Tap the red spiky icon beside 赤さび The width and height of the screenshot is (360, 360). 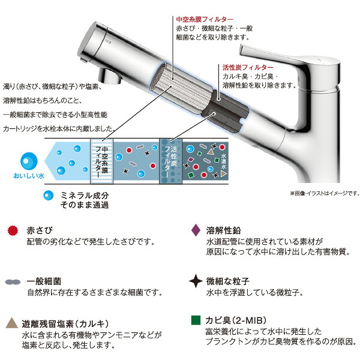tap(13, 230)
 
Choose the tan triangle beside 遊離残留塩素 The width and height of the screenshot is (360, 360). tap(13, 323)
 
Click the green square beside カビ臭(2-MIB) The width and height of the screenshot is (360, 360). tap(194, 320)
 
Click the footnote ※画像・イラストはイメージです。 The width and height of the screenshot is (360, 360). tap(324, 193)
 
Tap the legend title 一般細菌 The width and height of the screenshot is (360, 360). tap(44, 280)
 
